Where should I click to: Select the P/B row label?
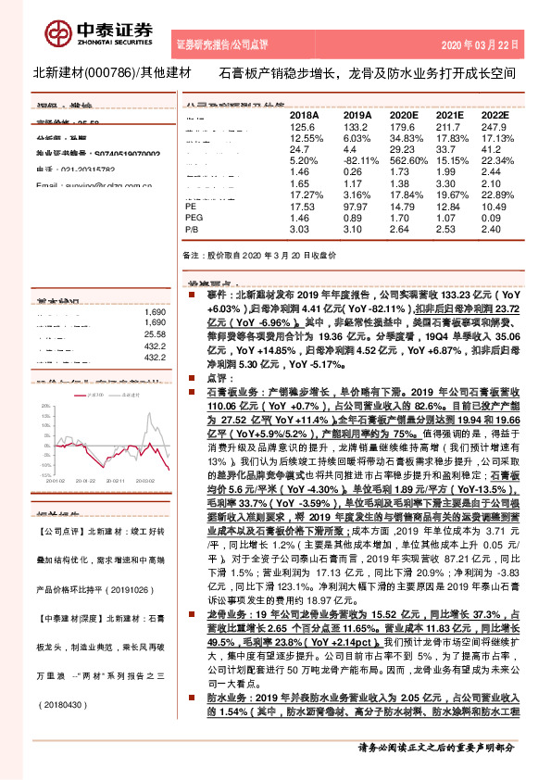point(194,228)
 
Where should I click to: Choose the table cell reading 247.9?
point(495,126)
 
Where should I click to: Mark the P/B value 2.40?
point(492,228)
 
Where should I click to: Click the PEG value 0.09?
point(492,217)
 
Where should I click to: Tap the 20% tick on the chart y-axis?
point(45,406)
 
